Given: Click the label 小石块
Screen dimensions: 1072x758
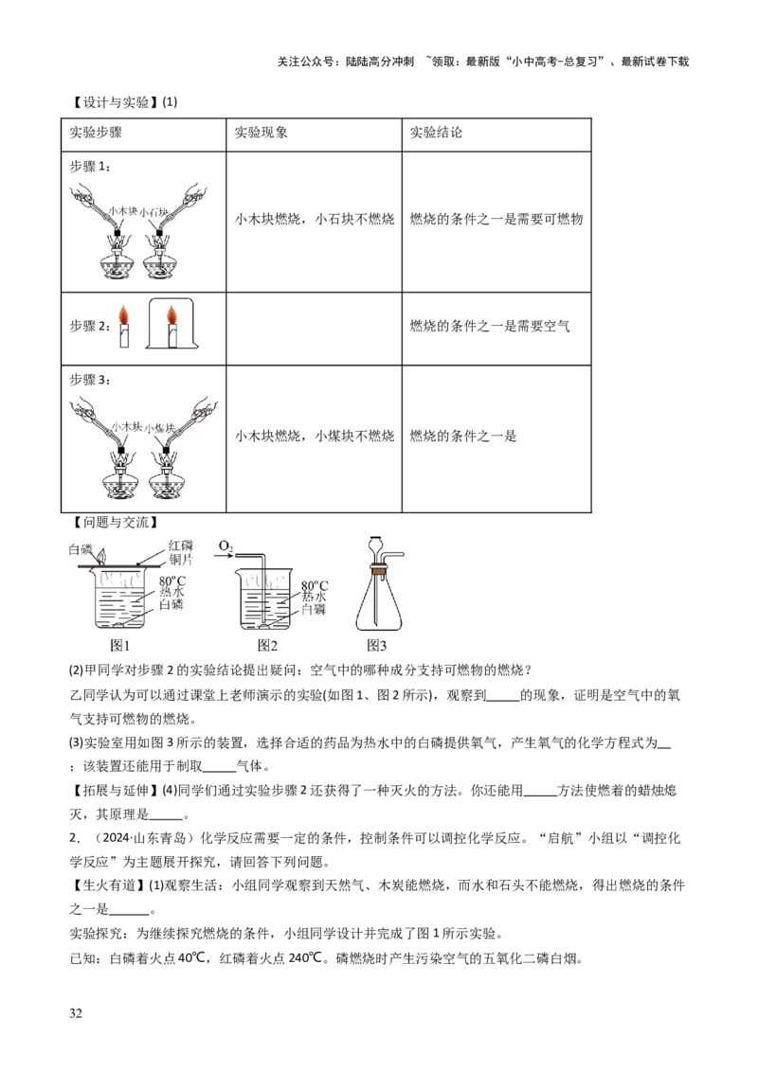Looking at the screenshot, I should coord(155,213).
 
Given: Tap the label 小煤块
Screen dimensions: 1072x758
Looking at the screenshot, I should coord(159,428).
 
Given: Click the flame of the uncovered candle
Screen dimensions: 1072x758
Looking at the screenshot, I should coord(122,314).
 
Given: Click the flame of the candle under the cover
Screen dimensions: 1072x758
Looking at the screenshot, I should coord(171,314).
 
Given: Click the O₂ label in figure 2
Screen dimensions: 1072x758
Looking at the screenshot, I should coord(226,546).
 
